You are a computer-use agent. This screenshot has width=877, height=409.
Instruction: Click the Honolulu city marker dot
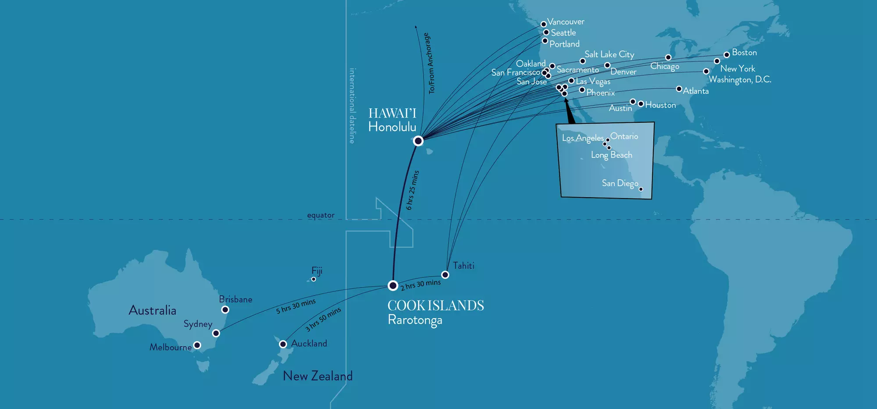point(418,141)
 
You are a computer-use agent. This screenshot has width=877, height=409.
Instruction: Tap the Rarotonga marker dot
point(393,285)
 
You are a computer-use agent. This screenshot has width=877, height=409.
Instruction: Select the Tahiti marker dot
point(445,275)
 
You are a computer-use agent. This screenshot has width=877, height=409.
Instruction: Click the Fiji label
point(317,270)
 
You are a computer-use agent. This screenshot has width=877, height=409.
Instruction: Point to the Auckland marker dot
point(283,344)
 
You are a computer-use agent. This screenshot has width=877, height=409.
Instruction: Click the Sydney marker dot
point(216,333)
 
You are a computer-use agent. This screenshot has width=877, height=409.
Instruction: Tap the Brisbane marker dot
point(225,309)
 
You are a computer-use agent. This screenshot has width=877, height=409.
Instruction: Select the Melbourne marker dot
point(197,345)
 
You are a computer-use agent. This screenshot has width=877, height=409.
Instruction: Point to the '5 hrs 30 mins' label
point(296,306)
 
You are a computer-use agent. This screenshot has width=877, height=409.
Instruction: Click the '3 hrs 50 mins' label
point(323,319)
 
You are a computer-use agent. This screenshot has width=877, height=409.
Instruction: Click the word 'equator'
point(321,215)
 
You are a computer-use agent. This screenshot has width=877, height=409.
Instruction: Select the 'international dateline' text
point(352,106)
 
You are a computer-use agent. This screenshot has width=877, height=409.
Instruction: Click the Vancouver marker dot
point(544,24)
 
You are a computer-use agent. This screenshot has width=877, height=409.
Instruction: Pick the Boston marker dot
point(727,54)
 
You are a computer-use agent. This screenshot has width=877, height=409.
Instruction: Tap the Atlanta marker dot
point(679,89)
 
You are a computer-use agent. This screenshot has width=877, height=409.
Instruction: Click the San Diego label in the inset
point(620,183)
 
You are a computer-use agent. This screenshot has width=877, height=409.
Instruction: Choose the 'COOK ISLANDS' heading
point(435,306)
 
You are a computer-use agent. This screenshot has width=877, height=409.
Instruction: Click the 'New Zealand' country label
point(317,376)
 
